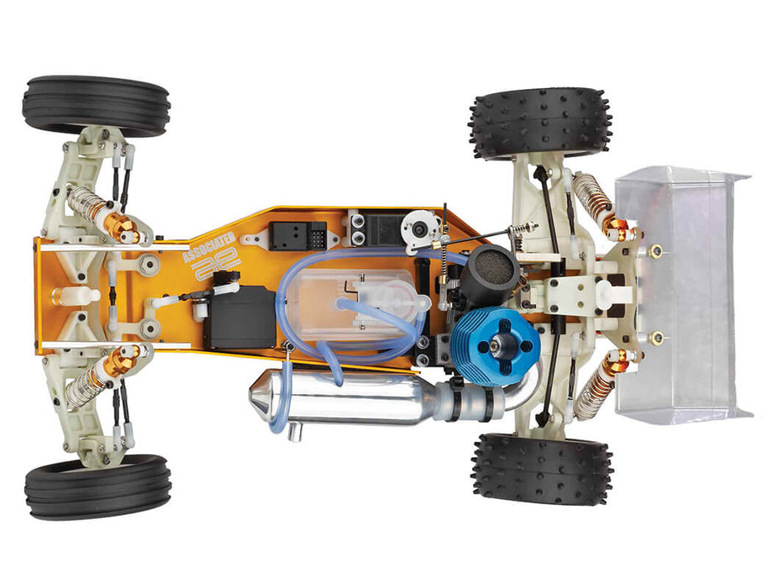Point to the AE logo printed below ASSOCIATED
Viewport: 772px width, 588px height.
(217, 267)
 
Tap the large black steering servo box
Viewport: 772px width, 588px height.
(241, 317)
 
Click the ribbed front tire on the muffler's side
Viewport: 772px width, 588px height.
(97, 487)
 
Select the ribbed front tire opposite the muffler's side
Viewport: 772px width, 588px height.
(96, 106)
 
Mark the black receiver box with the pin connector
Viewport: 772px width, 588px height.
(298, 236)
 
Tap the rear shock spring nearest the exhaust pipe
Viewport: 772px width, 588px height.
(597, 388)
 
